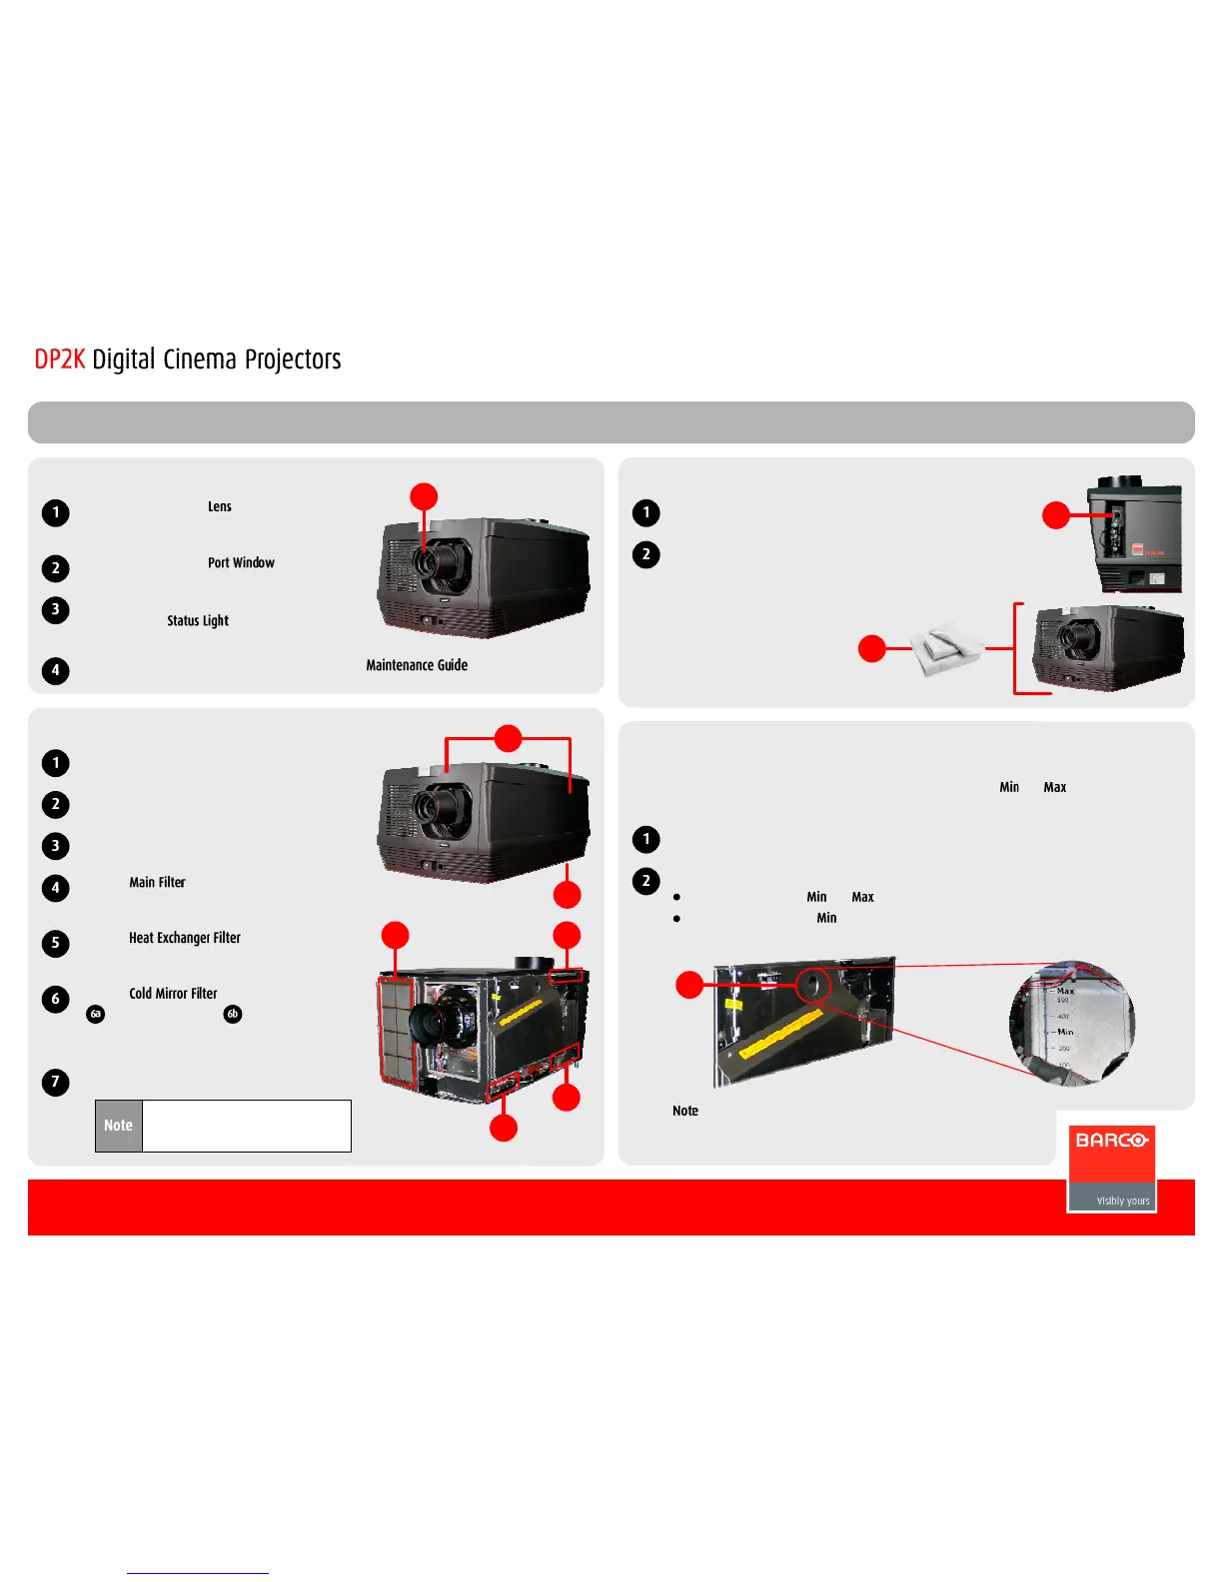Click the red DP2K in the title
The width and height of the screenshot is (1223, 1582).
(59, 360)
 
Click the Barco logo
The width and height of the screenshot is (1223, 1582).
(1111, 1167)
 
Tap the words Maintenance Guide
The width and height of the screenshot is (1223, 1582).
(417, 665)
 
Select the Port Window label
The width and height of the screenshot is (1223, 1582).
(241, 563)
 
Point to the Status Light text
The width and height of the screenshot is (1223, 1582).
(198, 621)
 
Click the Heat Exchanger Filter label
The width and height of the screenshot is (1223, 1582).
(185, 938)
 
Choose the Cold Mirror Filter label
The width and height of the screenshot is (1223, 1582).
(173, 994)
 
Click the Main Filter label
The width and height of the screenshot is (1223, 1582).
(157, 883)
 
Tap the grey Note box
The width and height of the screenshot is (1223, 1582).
(119, 1126)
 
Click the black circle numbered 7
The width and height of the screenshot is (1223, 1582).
(56, 1082)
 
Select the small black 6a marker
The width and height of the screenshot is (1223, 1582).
(96, 1014)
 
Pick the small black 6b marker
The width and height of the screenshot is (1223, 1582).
(233, 1014)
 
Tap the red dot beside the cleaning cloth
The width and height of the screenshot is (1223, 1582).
(872, 648)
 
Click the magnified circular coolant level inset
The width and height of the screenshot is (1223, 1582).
(1072, 1023)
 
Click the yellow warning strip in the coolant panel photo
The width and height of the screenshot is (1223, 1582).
(780, 1033)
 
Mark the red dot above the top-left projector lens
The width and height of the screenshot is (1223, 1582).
(425, 496)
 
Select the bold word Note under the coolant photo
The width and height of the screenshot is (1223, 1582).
(685, 1111)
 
